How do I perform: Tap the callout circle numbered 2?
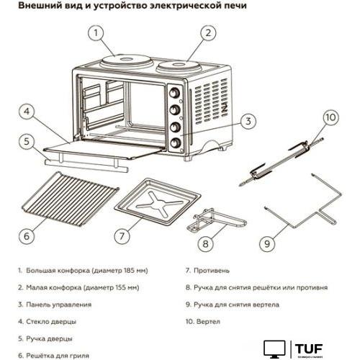pyautogui.click(x=208, y=32)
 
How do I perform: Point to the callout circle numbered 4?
pyautogui.click(x=27, y=113)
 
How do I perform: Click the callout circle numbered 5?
pyautogui.click(x=27, y=141)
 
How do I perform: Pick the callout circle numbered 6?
pyautogui.click(x=27, y=235)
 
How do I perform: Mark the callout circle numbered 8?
pyautogui.click(x=206, y=243)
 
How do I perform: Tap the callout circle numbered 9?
pyautogui.click(x=268, y=243)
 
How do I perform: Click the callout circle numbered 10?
pyautogui.click(x=329, y=117)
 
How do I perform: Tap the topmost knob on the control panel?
pyautogui.click(x=174, y=92)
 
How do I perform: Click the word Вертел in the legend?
pyautogui.click(x=206, y=322)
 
